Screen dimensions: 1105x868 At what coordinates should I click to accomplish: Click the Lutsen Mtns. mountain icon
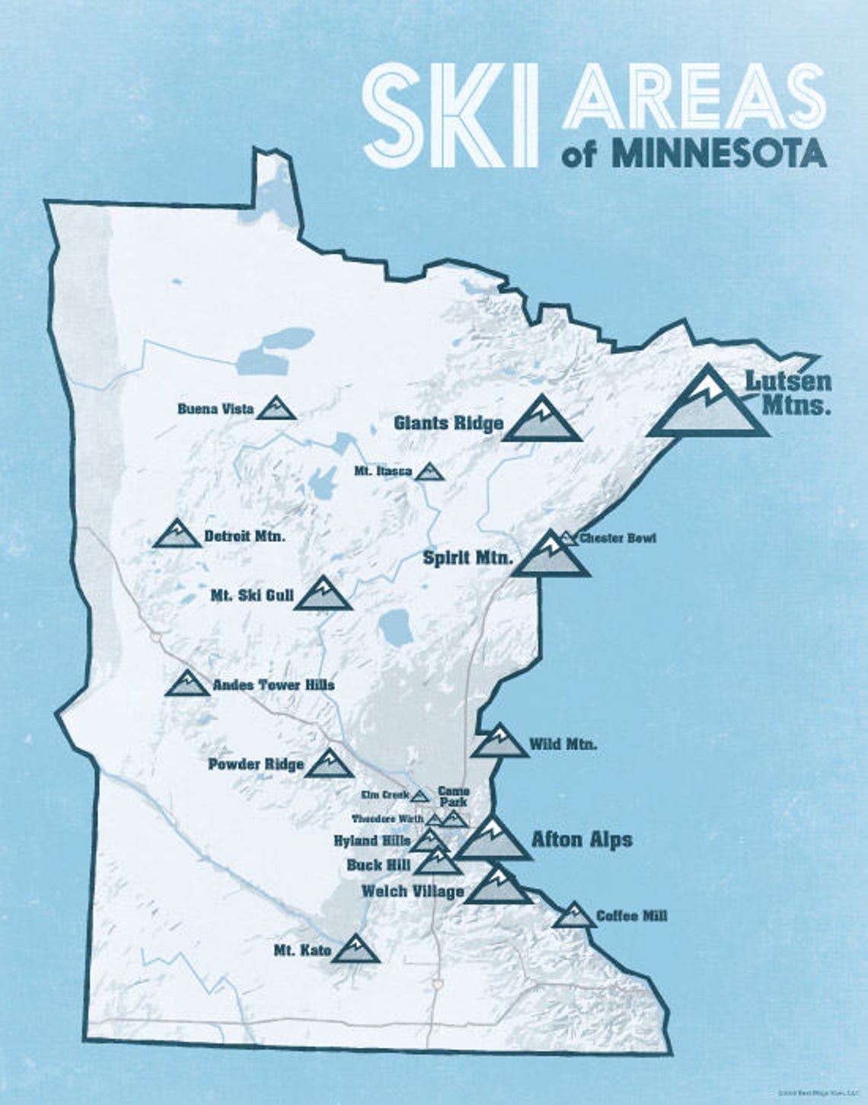(x=708, y=407)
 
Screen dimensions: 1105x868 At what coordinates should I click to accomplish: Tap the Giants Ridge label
(x=448, y=423)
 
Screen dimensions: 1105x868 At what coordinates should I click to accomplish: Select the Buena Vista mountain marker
(x=276, y=409)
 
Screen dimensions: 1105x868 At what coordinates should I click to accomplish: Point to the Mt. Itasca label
(x=383, y=471)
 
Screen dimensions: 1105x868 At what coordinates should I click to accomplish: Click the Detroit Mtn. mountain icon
(x=177, y=535)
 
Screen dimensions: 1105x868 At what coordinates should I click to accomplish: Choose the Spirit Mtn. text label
(x=468, y=558)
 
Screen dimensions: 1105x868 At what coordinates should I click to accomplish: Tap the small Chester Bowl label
(x=617, y=538)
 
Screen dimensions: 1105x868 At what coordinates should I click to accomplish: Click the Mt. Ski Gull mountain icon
(x=323, y=596)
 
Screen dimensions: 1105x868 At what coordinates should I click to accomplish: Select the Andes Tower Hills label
(x=273, y=685)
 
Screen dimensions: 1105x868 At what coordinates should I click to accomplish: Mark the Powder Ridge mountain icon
(x=329, y=765)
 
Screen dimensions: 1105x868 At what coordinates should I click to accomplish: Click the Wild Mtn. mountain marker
(x=499, y=743)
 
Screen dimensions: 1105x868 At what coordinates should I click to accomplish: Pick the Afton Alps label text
(x=582, y=840)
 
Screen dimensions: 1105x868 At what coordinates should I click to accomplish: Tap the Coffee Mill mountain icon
(x=574, y=916)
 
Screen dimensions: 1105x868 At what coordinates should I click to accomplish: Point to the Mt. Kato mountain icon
(x=356, y=950)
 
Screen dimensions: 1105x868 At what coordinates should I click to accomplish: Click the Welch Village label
(x=412, y=891)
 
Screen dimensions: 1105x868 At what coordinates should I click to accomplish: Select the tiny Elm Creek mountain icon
(x=420, y=797)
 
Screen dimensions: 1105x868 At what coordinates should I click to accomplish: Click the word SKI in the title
(x=449, y=114)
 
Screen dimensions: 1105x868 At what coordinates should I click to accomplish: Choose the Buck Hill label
(x=378, y=866)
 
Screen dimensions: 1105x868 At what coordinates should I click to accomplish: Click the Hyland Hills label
(x=366, y=842)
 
